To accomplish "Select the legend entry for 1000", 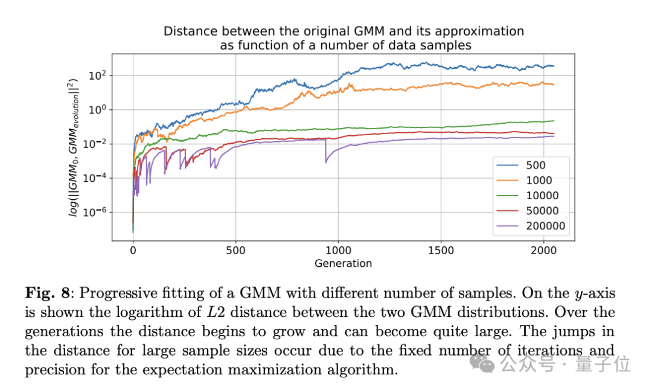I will [x=532, y=180].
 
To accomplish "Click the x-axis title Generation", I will [x=343, y=263].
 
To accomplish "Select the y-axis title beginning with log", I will [x=73, y=148].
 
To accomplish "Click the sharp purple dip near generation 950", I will [x=326, y=161].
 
